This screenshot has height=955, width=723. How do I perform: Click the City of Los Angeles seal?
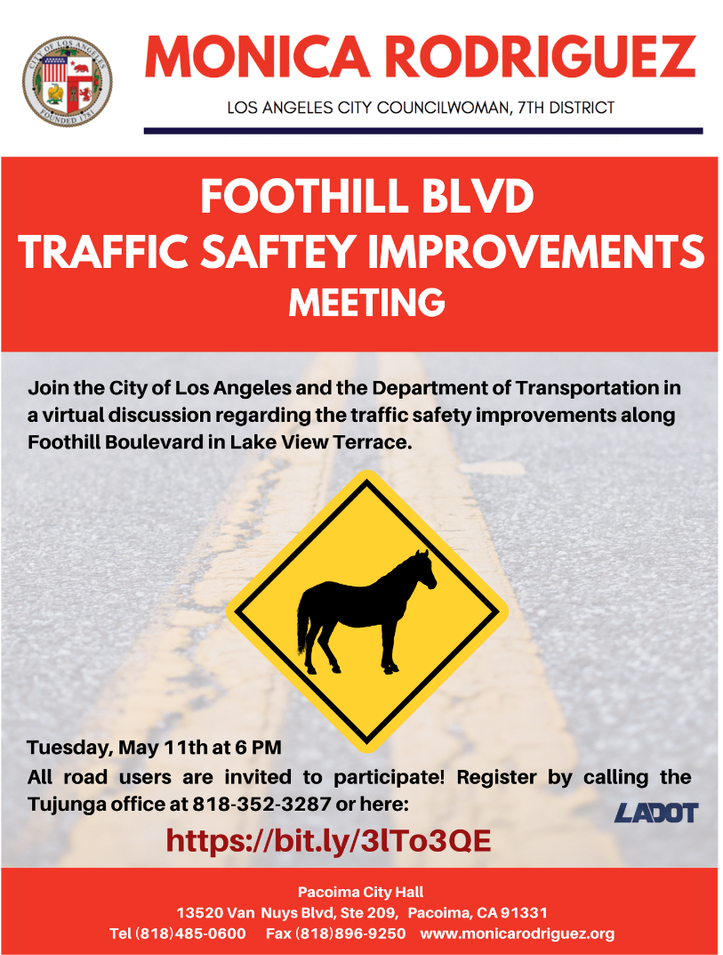coord(68,80)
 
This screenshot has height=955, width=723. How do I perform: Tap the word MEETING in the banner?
coord(367,303)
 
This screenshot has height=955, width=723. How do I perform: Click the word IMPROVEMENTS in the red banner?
coord(536,251)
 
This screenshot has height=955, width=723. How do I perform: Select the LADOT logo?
coord(656,813)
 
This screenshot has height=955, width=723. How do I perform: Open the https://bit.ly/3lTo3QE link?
coord(329,841)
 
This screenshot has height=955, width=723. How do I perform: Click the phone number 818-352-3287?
coord(261,805)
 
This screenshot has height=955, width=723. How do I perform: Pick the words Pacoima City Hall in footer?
coord(361,893)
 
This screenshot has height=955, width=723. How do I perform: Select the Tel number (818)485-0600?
coord(178,934)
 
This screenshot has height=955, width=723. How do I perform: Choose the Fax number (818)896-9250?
coord(336,934)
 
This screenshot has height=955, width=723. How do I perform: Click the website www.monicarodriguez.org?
coord(518,934)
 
